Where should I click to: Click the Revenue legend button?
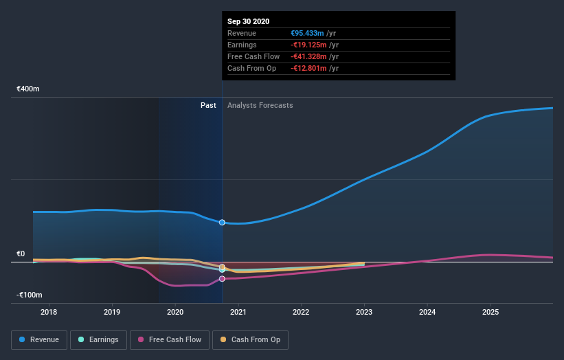tap(40, 339)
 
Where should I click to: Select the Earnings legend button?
tap(99, 339)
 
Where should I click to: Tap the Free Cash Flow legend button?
tap(169, 339)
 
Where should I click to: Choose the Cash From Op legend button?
tap(250, 339)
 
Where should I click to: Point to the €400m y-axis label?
tap(28, 89)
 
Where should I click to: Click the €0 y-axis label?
tap(21, 254)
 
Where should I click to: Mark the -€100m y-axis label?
tap(29, 295)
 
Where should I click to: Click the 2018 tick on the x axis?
tap(49, 312)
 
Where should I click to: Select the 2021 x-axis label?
tap(238, 312)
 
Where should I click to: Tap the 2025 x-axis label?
tap(490, 312)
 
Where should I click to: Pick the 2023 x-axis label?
tap(364, 312)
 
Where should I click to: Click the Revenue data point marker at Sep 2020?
tap(222, 223)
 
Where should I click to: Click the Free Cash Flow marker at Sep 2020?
tap(222, 279)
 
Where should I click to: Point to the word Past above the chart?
tap(208, 106)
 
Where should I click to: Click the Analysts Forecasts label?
tap(260, 106)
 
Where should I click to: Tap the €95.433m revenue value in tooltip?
tap(307, 33)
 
